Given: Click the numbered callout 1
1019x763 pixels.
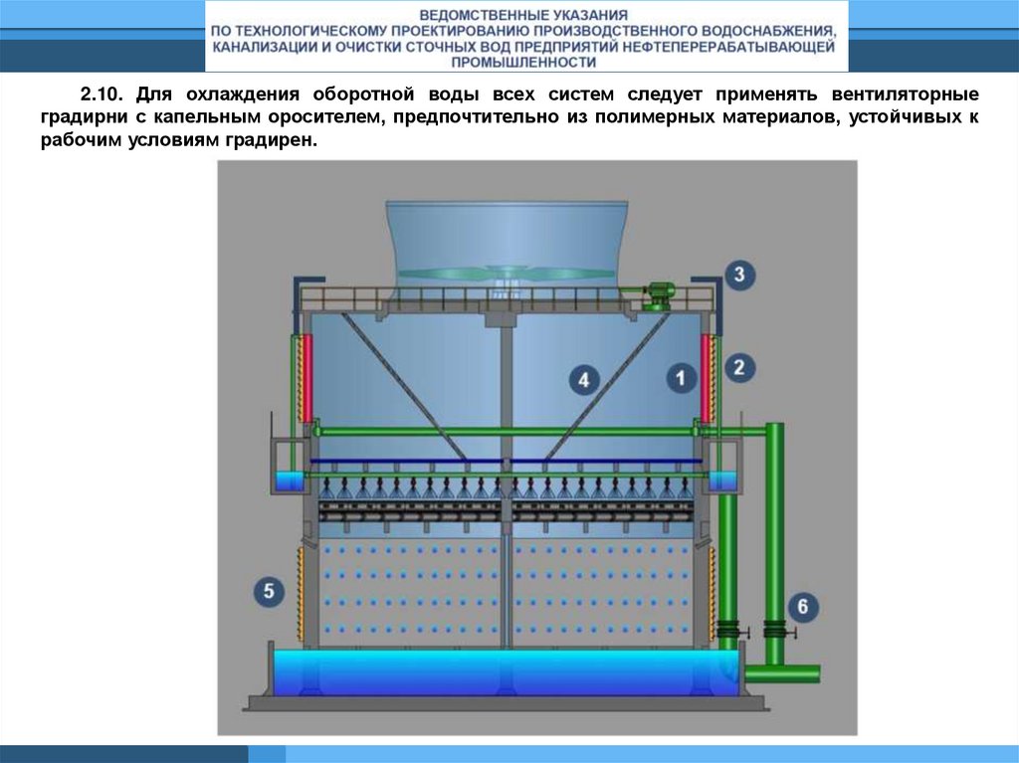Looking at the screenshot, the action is tap(681, 378).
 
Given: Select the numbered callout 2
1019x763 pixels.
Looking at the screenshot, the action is tap(739, 368).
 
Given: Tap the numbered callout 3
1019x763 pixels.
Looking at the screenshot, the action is tap(739, 275).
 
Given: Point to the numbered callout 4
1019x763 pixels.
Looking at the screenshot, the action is tap(583, 380).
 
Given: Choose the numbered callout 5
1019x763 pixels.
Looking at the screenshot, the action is tap(269, 592).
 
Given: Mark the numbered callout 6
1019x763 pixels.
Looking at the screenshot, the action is tap(803, 607).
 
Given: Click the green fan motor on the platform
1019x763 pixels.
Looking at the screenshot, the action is tap(657, 296).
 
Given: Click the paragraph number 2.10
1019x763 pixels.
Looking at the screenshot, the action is tap(101, 95).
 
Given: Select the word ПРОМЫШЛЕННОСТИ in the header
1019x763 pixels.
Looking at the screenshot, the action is tap(523, 63).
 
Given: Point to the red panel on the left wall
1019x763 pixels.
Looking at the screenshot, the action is tap(306, 378).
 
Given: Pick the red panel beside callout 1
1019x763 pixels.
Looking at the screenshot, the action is tap(705, 378).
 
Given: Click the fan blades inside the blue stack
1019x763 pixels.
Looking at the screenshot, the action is tap(507, 273).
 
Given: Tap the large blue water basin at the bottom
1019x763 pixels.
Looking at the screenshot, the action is tap(506, 672).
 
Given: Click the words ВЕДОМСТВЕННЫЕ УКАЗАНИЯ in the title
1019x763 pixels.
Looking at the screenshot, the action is tap(523, 15).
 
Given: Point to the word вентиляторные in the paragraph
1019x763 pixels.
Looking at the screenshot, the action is tap(905, 95).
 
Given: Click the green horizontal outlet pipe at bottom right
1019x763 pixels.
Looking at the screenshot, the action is tap(782, 673).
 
